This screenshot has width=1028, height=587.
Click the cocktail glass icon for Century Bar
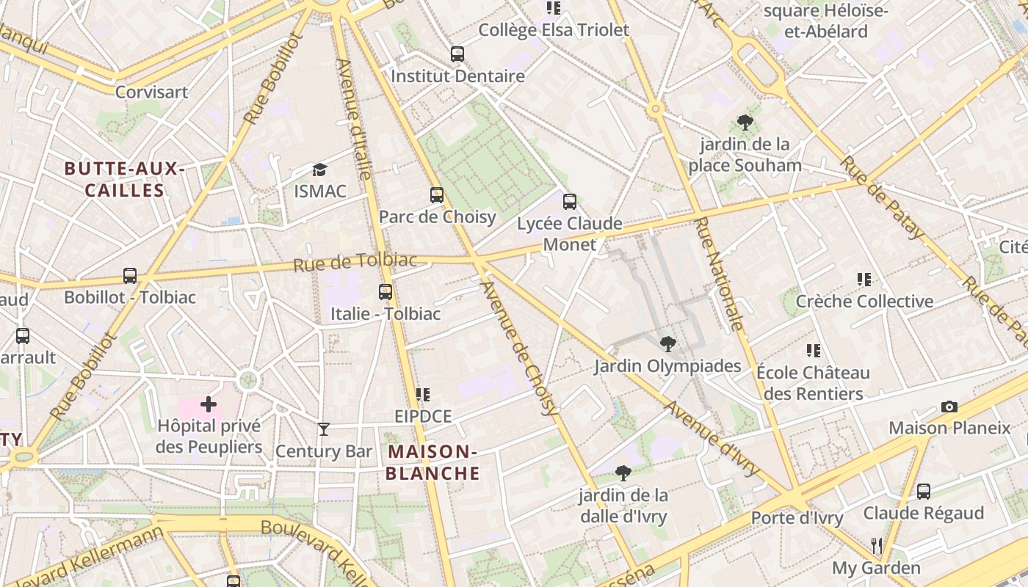click(324, 429)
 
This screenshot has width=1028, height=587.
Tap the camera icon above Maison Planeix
click(949, 406)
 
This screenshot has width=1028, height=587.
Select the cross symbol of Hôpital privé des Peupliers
click(209, 404)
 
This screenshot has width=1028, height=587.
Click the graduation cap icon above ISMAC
click(319, 170)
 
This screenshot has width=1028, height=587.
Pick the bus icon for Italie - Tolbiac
click(385, 291)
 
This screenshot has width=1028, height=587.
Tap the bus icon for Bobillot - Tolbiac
click(130, 276)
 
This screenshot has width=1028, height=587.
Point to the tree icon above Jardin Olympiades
click(667, 343)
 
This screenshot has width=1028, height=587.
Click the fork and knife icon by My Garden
click(876, 545)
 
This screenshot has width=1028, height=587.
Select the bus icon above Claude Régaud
click(924, 491)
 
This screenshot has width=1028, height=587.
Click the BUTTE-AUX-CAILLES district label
click(124, 180)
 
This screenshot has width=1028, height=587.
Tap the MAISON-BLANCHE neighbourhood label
click(432, 462)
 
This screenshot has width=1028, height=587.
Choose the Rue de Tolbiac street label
click(355, 261)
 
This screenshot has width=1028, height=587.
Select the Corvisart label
click(152, 92)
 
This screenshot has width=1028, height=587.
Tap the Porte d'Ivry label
click(797, 518)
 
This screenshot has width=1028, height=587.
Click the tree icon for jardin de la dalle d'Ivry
click(623, 473)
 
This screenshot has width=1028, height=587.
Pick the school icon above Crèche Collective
click(864, 280)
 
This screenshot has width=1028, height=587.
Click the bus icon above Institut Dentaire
click(457, 54)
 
